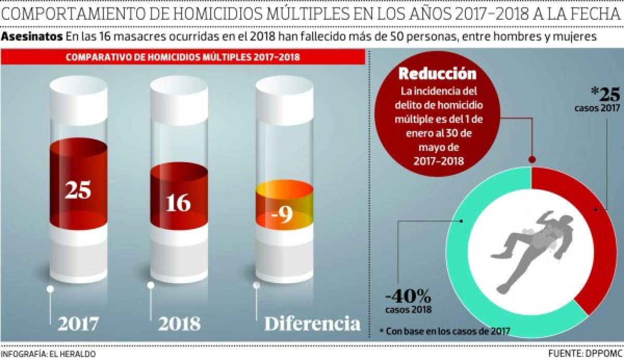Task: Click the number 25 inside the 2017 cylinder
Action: tap(78, 190)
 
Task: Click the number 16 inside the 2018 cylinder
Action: tap(178, 202)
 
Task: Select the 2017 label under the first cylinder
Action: tap(78, 324)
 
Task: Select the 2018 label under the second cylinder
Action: tap(179, 324)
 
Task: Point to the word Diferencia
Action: tap(312, 324)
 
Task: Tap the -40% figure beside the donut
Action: tap(408, 298)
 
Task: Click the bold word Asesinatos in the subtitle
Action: tap(32, 37)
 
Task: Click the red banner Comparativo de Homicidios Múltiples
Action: tap(182, 57)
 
